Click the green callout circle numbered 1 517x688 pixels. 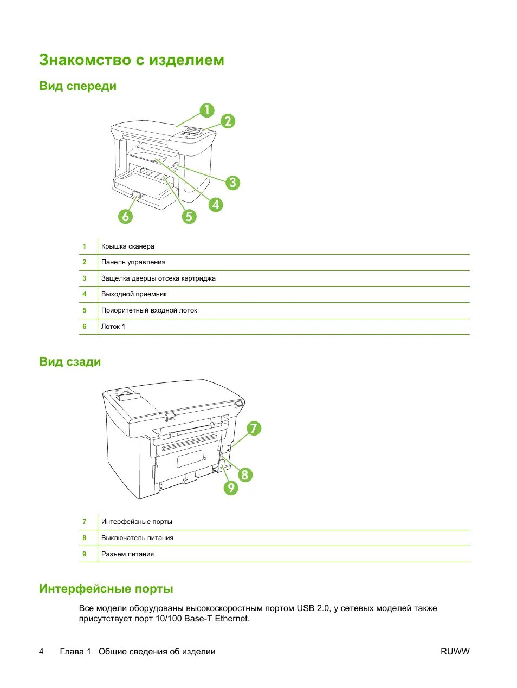[x=206, y=111]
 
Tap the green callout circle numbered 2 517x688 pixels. [x=228, y=121]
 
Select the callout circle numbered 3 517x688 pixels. [x=232, y=183]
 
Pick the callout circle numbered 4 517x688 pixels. [x=216, y=204]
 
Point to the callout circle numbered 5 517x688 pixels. [x=189, y=216]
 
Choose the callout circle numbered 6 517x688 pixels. [x=126, y=216]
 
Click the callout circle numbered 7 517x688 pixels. [x=253, y=429]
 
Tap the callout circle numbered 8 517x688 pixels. [x=245, y=475]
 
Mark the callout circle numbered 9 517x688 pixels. [x=231, y=488]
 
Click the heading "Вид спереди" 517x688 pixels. [x=77, y=86]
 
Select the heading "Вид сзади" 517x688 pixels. [x=70, y=362]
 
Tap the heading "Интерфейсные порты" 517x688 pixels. [x=106, y=589]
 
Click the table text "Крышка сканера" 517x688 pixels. [x=128, y=246]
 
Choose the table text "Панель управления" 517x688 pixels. [x=133, y=262]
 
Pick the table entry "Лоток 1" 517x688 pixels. [x=113, y=327]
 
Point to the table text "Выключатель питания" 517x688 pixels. [x=137, y=538]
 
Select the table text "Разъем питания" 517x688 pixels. [x=127, y=554]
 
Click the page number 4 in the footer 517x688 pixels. [x=41, y=652]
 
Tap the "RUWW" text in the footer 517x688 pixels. [x=455, y=652]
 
